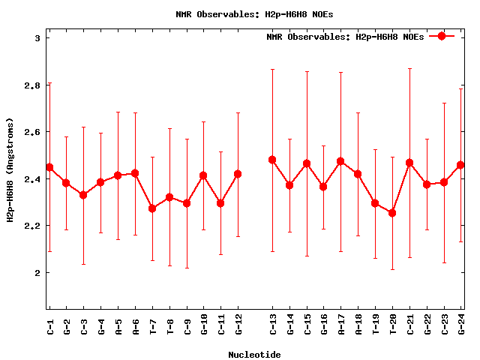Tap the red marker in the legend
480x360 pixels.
442,36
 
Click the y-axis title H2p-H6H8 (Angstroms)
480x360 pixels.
10,170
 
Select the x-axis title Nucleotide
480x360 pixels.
254,355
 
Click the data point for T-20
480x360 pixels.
392,213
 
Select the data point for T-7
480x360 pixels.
152,208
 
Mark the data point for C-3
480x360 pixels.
83,195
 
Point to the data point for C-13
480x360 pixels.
272,160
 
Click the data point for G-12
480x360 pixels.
238,174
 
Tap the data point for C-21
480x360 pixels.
409,163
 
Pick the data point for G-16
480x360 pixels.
323,187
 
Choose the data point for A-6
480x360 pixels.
135,173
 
